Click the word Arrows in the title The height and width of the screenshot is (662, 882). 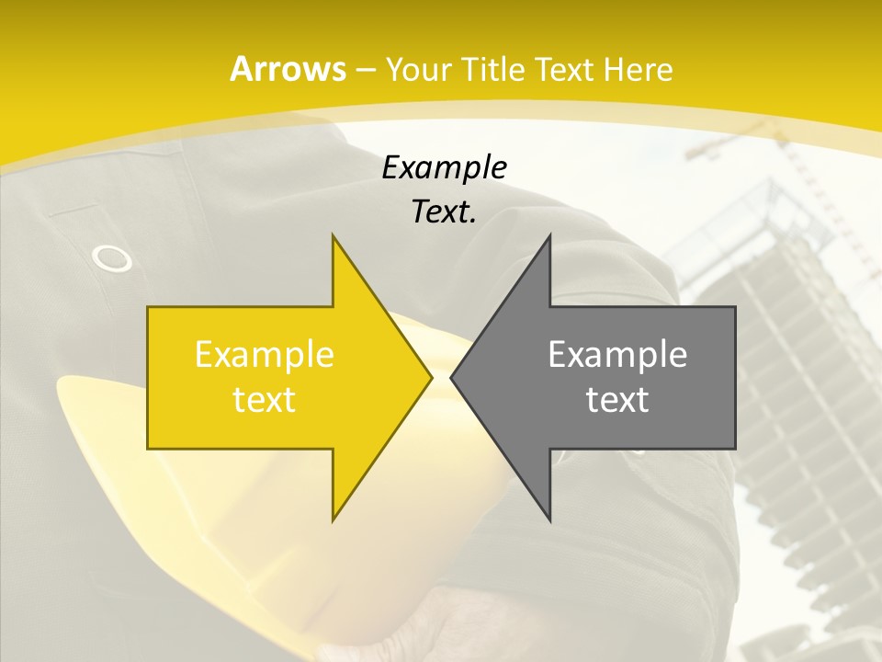pyautogui.click(x=288, y=69)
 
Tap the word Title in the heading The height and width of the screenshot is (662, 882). pyautogui.click(x=494, y=69)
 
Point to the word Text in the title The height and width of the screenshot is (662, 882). pyautogui.click(x=564, y=69)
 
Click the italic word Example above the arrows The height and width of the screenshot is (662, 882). pyautogui.click(x=445, y=167)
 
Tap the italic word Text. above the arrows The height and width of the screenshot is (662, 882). pyautogui.click(x=445, y=211)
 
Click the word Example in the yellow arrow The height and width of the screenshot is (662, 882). pyautogui.click(x=265, y=354)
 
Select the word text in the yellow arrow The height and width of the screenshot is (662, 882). pyautogui.click(x=265, y=400)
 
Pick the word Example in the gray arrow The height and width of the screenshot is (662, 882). pyautogui.click(x=617, y=354)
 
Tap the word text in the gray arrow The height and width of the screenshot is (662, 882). pyautogui.click(x=617, y=400)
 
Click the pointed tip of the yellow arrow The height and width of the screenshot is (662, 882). pyautogui.click(x=431, y=377)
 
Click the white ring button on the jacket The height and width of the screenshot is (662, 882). pyautogui.click(x=112, y=259)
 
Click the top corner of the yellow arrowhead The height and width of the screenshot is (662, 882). pyautogui.click(x=334, y=236)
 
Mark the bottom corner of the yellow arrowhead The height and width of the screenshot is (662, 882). pyautogui.click(x=334, y=519)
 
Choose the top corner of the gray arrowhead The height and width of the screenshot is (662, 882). pyautogui.click(x=549, y=236)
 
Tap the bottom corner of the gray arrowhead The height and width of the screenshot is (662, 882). pyautogui.click(x=549, y=519)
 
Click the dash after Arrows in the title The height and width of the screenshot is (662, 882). pyautogui.click(x=365, y=70)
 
